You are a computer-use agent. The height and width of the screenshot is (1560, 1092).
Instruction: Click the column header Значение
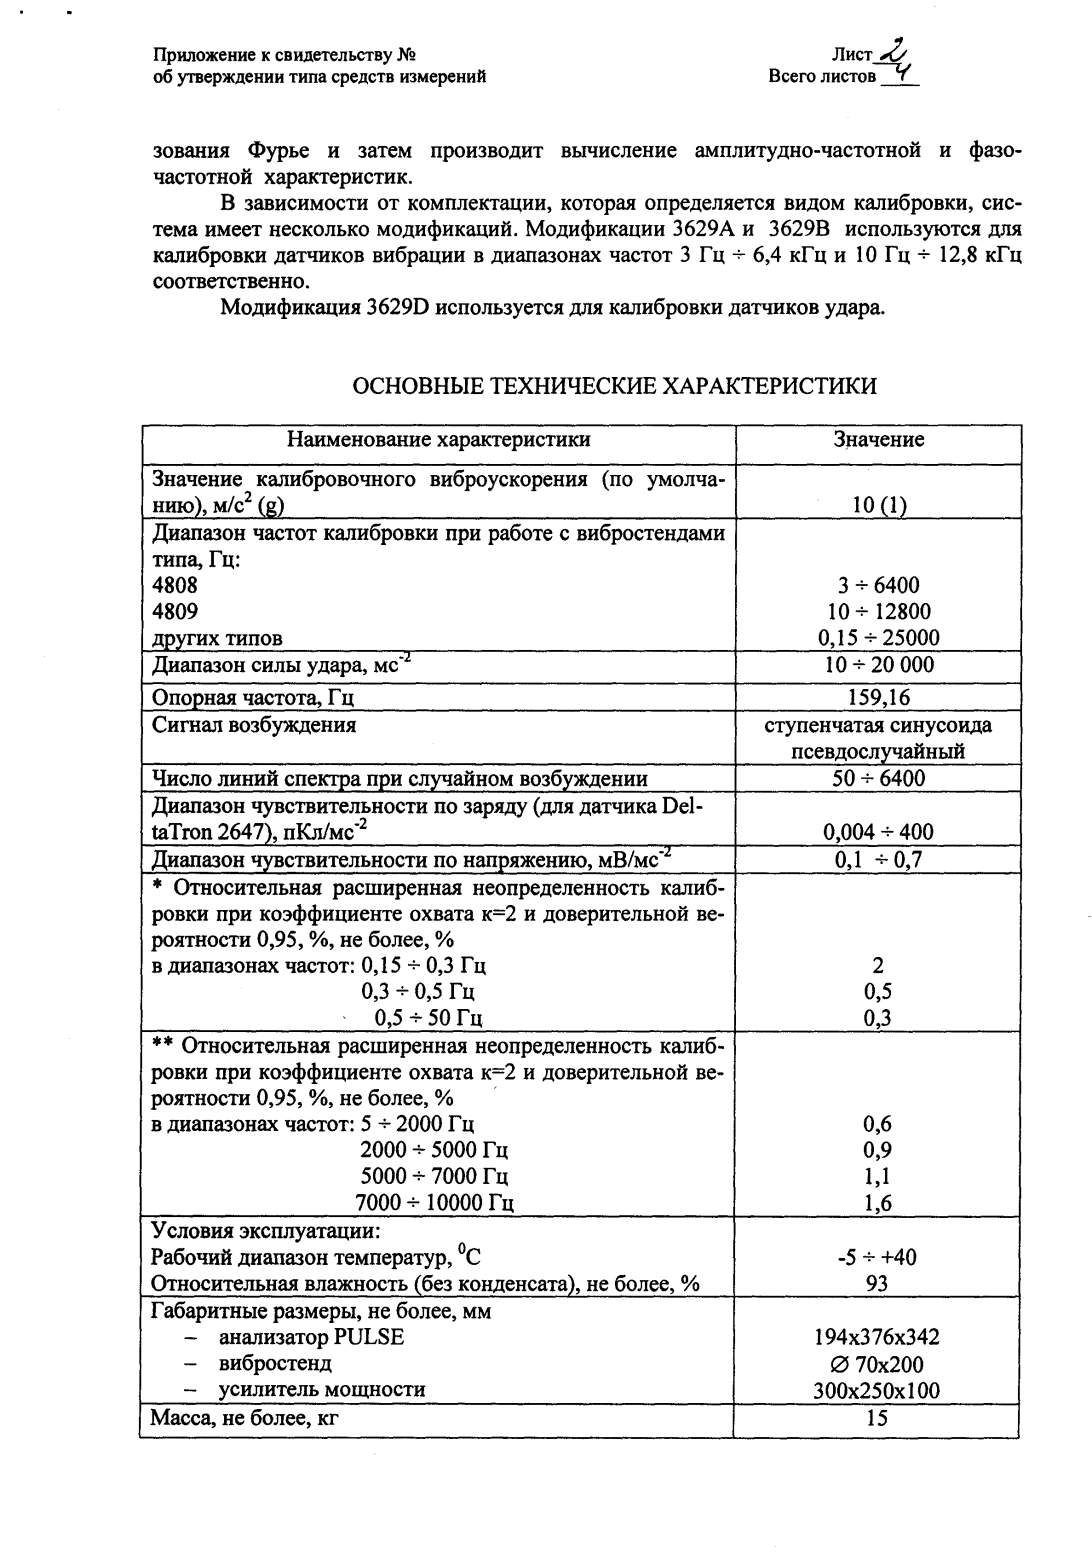[878, 439]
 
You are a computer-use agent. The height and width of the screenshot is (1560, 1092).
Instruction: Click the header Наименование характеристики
[438, 439]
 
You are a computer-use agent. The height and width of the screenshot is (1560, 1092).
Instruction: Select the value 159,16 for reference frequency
[878, 697]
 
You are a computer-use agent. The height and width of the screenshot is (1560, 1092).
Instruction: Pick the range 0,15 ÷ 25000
[878, 638]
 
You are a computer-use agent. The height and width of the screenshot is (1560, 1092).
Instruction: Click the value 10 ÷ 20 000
[878, 665]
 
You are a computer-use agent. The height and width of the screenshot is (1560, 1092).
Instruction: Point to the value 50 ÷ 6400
[878, 778]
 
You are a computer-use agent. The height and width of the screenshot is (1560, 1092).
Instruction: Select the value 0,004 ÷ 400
[878, 832]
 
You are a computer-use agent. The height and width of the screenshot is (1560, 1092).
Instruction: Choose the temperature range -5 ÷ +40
[876, 1257]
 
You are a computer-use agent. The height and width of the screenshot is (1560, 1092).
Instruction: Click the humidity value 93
[877, 1284]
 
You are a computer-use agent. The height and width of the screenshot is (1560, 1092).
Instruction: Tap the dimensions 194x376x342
[877, 1338]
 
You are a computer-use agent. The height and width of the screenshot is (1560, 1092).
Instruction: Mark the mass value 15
[877, 1418]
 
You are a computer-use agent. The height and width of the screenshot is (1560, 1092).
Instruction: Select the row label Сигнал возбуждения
[253, 724]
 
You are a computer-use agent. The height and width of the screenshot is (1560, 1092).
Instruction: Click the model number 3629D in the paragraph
[397, 307]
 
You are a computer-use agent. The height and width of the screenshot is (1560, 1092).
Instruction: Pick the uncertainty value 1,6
[877, 1204]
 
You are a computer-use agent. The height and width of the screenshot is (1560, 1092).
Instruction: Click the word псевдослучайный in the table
[877, 751]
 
